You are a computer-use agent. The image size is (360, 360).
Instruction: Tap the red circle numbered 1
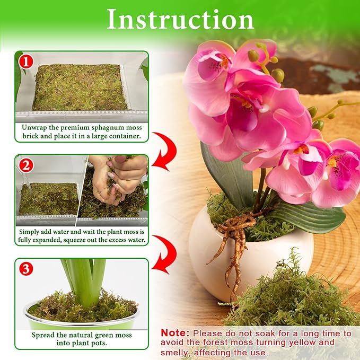(x=25, y=62)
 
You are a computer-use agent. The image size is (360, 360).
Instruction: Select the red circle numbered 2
(x=25, y=165)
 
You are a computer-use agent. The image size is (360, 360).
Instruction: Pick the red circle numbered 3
(x=25, y=269)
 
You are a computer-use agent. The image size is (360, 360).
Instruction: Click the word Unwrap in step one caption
(x=36, y=128)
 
